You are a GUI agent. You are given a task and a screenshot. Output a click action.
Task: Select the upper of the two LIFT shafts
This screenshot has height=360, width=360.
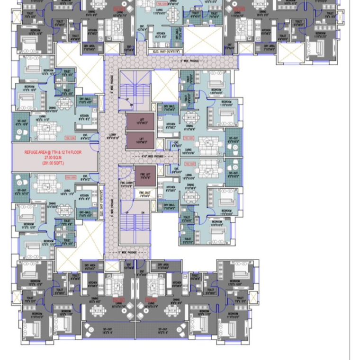coord(140,121)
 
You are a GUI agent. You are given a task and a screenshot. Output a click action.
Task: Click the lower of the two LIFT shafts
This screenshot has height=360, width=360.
coord(140,140)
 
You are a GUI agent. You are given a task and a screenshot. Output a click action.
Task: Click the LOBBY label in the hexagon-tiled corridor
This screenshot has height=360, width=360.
coord(113,136)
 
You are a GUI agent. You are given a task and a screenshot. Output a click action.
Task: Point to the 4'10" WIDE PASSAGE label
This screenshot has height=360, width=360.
coord(153,156)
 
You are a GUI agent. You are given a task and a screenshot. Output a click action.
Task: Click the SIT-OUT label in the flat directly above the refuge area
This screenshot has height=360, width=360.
coord(21,124)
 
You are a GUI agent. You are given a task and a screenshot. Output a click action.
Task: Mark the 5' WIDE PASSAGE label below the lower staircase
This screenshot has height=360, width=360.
coord(127,253)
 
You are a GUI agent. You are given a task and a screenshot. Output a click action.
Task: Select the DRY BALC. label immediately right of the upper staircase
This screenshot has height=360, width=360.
coord(169,107)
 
